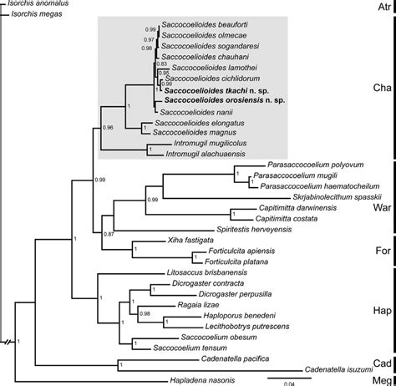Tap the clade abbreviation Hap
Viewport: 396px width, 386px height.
[x=380, y=308]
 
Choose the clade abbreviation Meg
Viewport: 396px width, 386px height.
[x=380, y=378]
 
